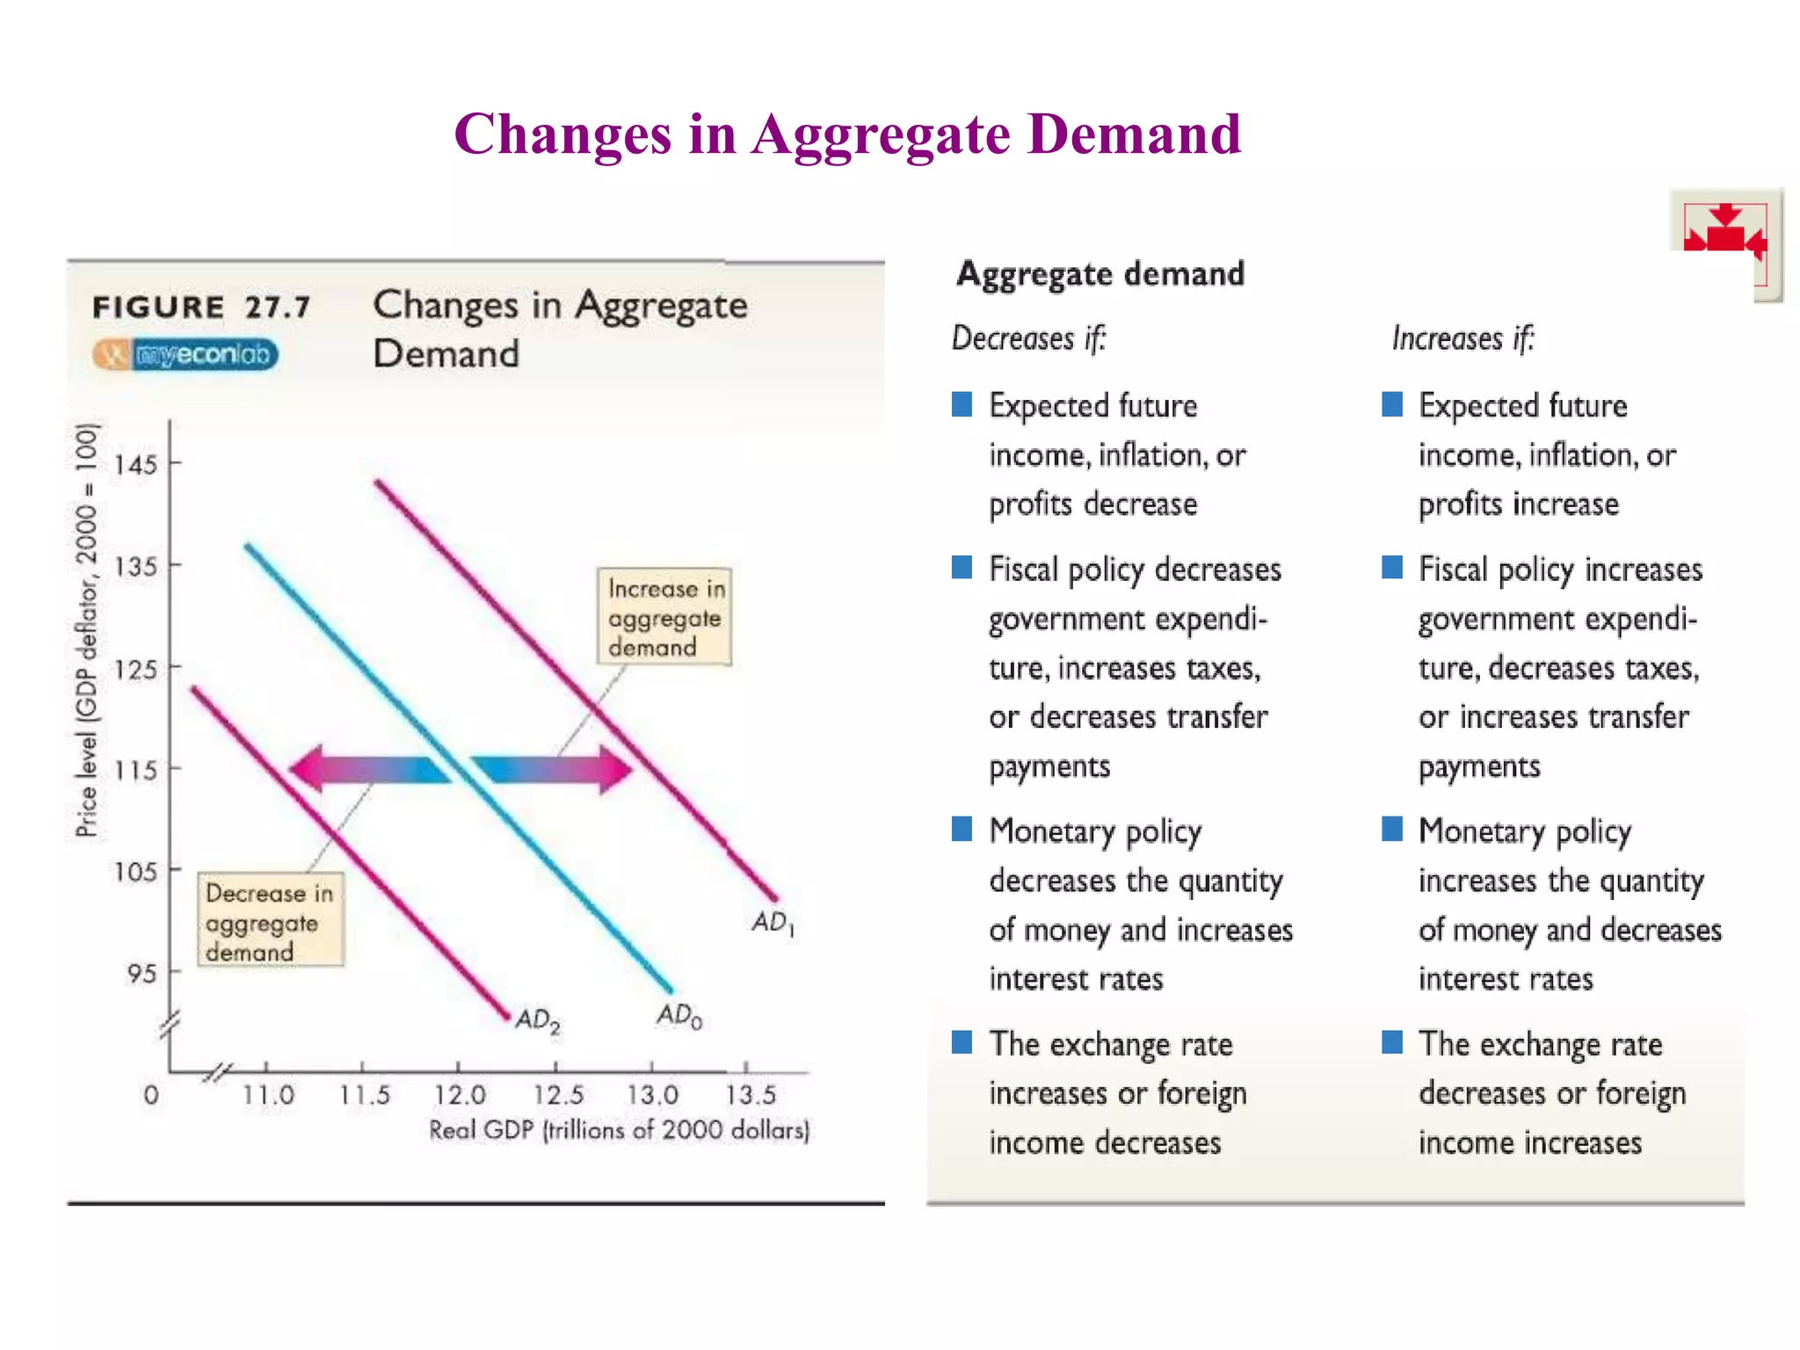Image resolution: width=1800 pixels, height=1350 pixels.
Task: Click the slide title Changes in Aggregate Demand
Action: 847,134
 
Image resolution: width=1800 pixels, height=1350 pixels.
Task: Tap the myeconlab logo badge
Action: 185,354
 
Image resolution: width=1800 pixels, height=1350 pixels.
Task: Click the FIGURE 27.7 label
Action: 201,308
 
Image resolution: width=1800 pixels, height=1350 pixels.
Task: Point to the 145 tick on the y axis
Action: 136,464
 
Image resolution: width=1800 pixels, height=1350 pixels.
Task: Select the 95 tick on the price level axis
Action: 142,973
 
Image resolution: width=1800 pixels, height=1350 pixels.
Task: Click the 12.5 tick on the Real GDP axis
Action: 558,1095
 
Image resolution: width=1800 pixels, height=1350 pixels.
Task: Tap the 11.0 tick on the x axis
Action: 268,1095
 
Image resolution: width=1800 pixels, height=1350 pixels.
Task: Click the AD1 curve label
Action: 773,923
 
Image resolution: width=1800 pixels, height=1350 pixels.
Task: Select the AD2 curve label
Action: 537,1020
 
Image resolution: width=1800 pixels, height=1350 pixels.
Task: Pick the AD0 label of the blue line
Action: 679,1016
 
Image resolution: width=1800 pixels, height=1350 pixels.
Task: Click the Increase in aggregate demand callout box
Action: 664,617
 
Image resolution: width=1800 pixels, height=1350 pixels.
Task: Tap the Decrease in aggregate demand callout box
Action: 270,921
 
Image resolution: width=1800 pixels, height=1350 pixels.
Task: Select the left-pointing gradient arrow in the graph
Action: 369,769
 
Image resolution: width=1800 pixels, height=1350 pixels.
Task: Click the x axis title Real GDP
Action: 619,1130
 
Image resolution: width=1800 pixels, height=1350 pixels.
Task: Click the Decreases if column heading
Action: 1028,338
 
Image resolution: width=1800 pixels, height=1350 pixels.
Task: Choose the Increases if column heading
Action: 1462,338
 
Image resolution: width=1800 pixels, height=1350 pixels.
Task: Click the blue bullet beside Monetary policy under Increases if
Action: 1392,829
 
